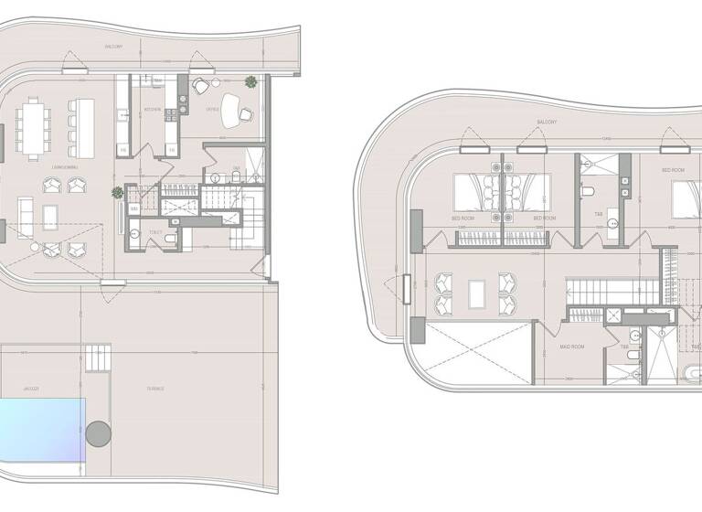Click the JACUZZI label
[31, 389]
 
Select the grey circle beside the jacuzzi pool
[98, 433]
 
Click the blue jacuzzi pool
[41, 431]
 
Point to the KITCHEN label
[153, 110]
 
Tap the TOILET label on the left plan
[156, 232]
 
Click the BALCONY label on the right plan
[547, 122]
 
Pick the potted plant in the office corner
[250, 82]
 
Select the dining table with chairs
[33, 129]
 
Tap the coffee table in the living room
[49, 217]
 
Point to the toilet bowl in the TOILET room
[134, 234]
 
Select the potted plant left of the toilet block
[117, 193]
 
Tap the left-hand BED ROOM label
[462, 219]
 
